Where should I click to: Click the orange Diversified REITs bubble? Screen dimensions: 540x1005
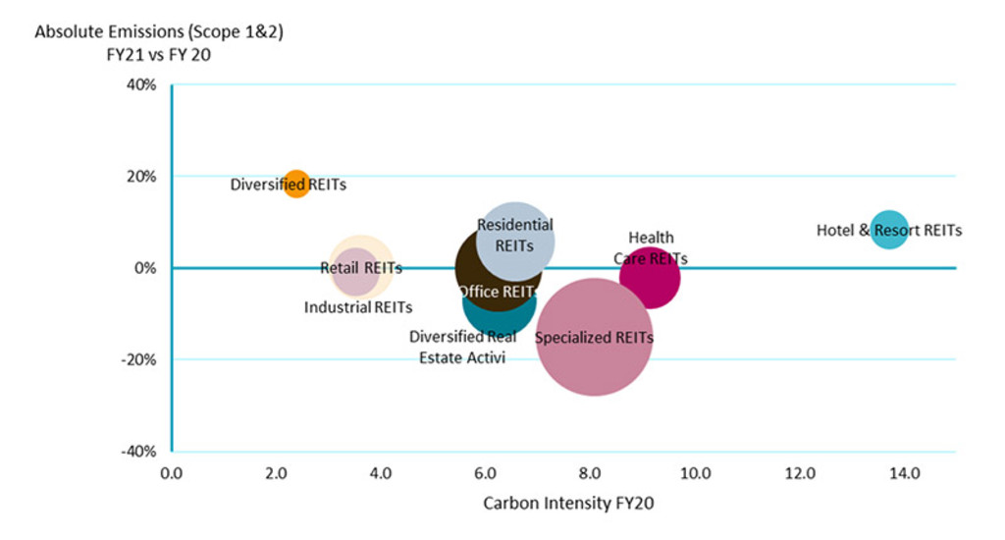[296, 183]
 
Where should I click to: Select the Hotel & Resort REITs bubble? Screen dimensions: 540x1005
[888, 230]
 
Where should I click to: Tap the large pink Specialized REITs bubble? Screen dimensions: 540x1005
[594, 338]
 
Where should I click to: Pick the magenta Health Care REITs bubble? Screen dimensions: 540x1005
[650, 278]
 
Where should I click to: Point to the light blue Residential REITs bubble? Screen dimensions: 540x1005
[515, 240]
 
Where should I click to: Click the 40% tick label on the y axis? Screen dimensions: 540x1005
[144, 85]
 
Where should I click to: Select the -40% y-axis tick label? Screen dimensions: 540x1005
[141, 452]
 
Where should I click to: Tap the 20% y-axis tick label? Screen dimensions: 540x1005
[144, 177]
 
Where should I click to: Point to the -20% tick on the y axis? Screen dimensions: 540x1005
[141, 360]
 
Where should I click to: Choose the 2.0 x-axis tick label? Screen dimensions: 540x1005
[276, 474]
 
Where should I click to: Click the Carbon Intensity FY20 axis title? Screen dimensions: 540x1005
[568, 504]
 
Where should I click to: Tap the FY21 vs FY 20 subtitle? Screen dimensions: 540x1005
[160, 55]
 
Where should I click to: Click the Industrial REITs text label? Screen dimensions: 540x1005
[357, 307]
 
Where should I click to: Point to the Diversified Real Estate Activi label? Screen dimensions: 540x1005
[462, 348]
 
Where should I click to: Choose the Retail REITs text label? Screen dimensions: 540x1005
[361, 267]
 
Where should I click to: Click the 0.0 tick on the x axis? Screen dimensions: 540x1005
[171, 474]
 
